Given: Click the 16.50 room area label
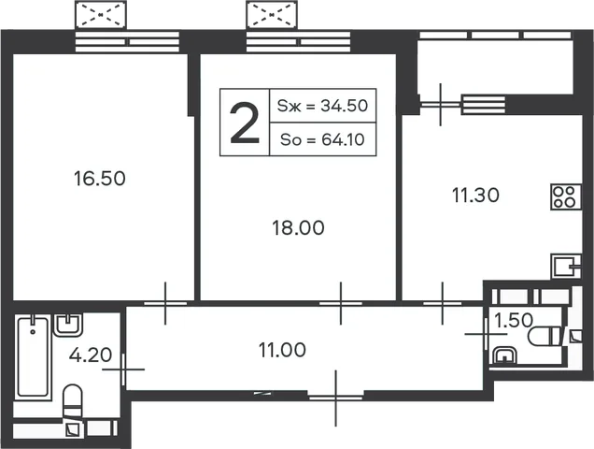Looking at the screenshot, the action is pos(100,179).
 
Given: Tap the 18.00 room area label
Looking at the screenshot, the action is pos(299,228).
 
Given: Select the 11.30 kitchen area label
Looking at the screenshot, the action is pos(475,196).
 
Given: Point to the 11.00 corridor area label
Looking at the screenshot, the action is pos(282,350).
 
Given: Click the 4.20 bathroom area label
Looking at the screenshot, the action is pos(91,355).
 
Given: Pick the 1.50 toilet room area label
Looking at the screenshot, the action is pos(514,320).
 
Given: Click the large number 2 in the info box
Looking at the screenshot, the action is pos(245,124).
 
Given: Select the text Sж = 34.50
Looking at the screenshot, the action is pos(322,106).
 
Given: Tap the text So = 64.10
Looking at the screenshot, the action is pos(322,139).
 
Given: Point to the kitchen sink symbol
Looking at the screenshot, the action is pos(566,267).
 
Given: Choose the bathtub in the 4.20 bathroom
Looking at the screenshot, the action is pos(33,357).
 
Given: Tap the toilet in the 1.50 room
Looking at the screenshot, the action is pos(544,336).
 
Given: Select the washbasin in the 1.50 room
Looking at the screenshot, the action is pos(504,356).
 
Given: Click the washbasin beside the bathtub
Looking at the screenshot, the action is pos(68,326).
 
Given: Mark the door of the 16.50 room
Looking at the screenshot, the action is pos(165,303).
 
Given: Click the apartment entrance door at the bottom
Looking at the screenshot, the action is pos(336,398).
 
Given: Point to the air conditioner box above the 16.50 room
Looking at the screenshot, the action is pos(101,15).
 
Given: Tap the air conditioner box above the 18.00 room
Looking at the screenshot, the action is pos(272,15).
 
